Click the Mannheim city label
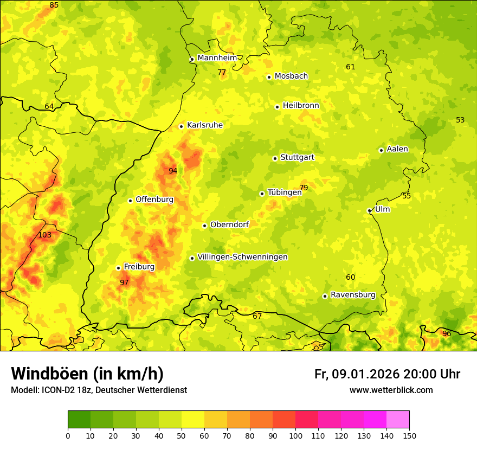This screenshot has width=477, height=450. coord(217,58)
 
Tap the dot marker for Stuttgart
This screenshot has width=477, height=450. coord(275,158)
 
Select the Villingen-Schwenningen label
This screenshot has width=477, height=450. coord(242,257)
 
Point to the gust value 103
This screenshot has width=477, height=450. coord(45,235)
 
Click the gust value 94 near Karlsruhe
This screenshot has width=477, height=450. coord(173,171)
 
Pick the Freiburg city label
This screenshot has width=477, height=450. coord(139,267)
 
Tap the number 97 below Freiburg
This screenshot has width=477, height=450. coord(124,282)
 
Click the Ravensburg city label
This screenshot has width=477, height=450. coord(353,295)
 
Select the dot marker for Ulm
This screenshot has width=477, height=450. coord(369,210)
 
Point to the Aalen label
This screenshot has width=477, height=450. coord(397,149)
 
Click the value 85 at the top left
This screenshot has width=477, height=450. coord(54,5)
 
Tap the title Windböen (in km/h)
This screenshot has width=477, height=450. coord(87,374)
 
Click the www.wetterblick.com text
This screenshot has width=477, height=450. coord(391,390)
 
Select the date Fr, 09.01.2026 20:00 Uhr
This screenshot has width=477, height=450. coord(387,374)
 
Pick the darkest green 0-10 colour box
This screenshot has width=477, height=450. coord(79,420)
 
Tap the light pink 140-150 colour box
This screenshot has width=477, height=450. coord(398,420)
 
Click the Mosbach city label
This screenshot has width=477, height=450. coord(291,76)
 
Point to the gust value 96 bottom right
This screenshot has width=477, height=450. coord(447,333)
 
